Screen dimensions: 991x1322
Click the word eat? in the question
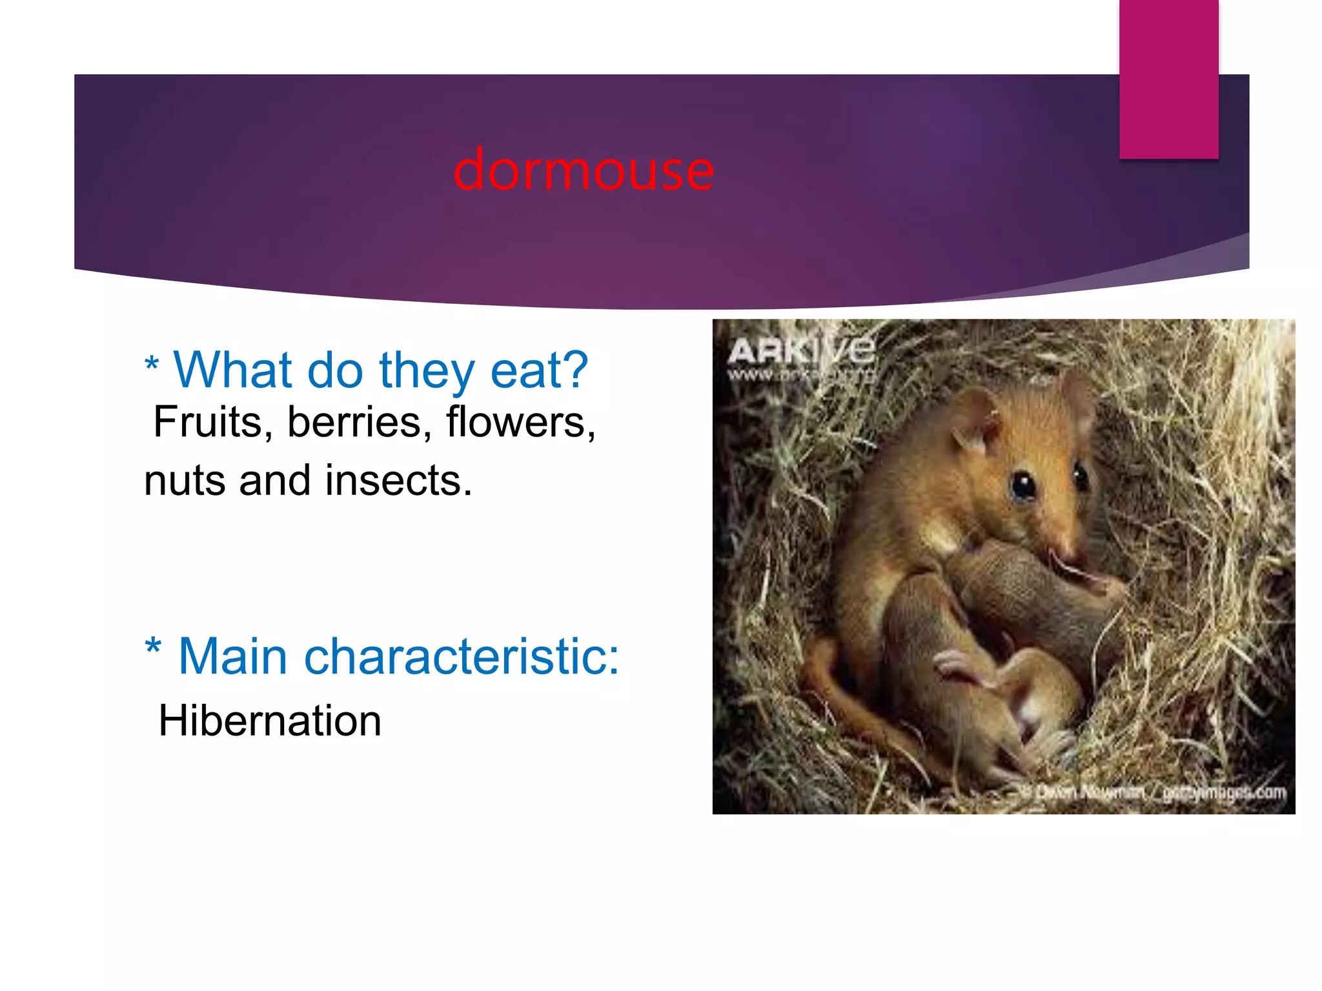click(539, 370)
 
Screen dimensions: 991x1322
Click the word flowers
click(520, 423)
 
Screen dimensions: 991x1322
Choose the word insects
click(398, 481)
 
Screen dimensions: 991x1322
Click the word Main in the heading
click(232, 657)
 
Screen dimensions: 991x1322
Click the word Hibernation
click(270, 721)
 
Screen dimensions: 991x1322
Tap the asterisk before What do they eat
click(152, 365)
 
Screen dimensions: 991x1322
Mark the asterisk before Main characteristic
click(153, 647)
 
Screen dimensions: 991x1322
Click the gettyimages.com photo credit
click(1223, 792)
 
